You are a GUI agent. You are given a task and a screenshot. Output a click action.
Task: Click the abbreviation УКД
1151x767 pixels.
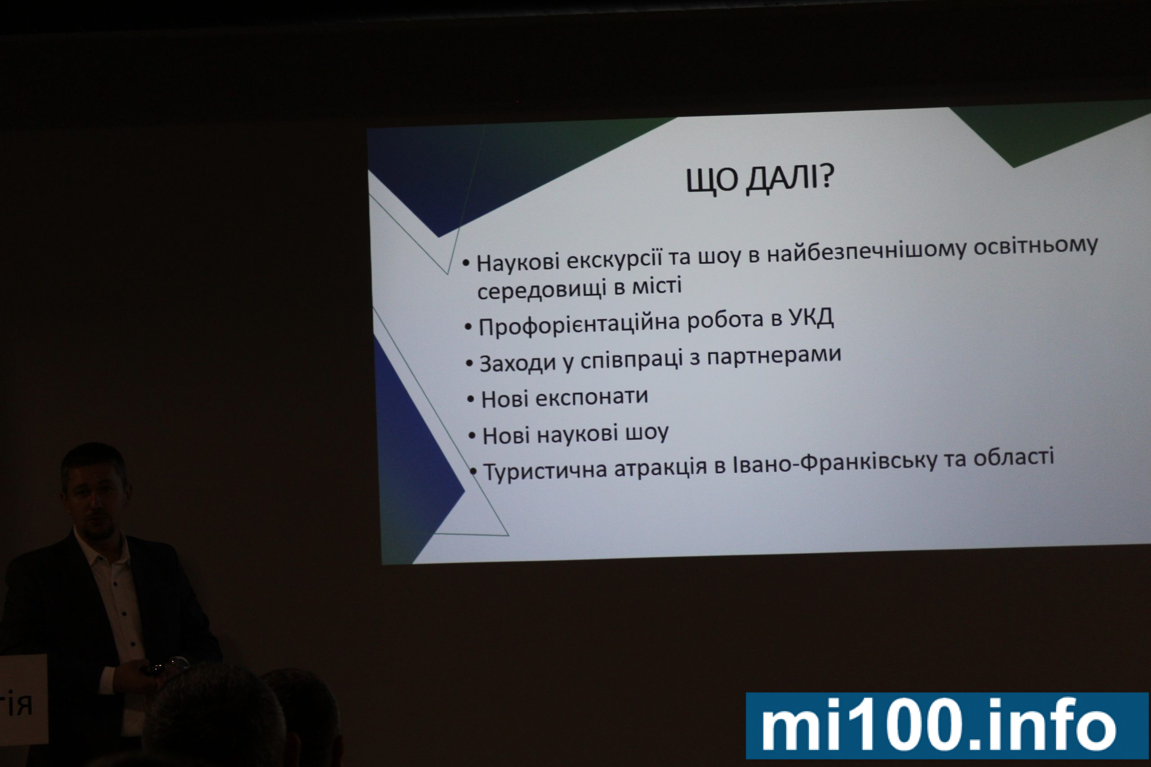click(812, 318)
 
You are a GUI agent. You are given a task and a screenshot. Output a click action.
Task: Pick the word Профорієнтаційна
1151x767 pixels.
click(580, 324)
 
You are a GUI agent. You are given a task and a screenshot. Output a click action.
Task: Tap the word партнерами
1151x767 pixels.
click(774, 354)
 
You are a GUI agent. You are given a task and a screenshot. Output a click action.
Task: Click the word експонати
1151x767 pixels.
click(592, 398)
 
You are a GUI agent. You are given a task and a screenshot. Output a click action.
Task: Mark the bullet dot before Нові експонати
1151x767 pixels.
click(471, 399)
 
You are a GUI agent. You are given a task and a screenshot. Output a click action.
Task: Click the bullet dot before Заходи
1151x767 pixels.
click(469, 364)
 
